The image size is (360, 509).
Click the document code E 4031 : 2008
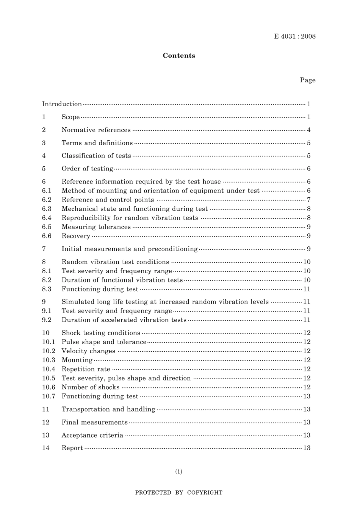pyautogui.click(x=294, y=36)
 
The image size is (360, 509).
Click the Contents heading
pyautogui.click(x=179, y=55)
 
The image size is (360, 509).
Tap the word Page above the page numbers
pyautogui.click(x=307, y=80)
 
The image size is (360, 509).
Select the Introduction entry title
pyautogui.click(x=62, y=104)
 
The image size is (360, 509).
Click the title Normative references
pyautogui.click(x=96, y=130)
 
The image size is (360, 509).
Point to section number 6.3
pyautogui.click(x=47, y=209)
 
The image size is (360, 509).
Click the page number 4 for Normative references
pyautogui.click(x=308, y=130)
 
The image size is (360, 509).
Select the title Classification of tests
pyautogui.click(x=96, y=156)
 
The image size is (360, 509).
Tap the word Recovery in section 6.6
pyautogui.click(x=76, y=236)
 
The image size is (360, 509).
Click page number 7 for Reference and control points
pyautogui.click(x=308, y=200)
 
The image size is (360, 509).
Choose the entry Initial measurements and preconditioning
pyautogui.click(x=130, y=249)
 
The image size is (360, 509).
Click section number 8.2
pyautogui.click(x=47, y=280)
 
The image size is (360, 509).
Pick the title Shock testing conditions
pyautogui.click(x=101, y=333)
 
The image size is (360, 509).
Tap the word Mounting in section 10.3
pyautogui.click(x=77, y=360)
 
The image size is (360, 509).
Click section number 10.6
pyautogui.click(x=49, y=387)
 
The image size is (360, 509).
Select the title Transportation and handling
pyautogui.click(x=108, y=409)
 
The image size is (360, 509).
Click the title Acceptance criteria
pyautogui.click(x=92, y=435)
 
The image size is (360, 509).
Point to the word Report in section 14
pyautogui.click(x=72, y=448)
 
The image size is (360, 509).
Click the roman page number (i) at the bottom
pyautogui.click(x=178, y=471)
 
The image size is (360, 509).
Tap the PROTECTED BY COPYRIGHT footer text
pyautogui.click(x=178, y=493)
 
